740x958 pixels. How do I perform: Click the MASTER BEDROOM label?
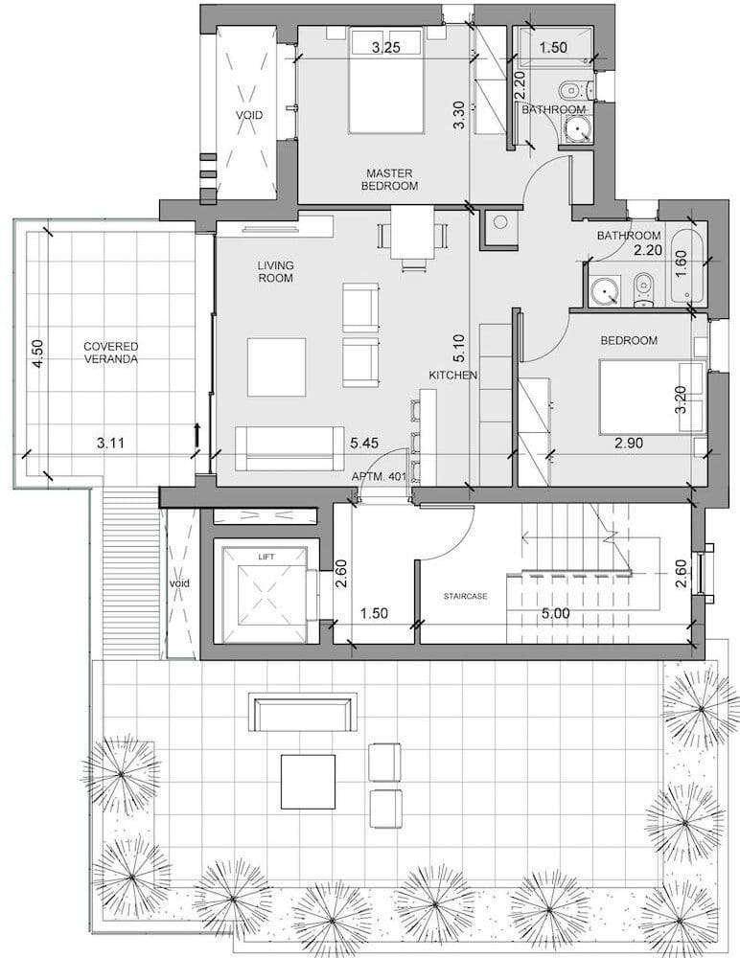tap(389, 180)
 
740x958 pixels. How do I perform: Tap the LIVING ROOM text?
tap(275, 272)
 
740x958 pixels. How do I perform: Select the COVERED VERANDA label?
tap(110, 353)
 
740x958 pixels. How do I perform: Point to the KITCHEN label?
tap(452, 376)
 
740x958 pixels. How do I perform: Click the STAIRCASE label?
tap(466, 596)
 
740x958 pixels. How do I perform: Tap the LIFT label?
tap(266, 557)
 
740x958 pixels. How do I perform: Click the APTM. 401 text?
tap(380, 477)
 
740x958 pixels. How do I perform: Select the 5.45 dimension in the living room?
tap(364, 444)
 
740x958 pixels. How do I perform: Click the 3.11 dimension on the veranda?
tap(110, 443)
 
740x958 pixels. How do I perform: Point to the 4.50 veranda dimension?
tap(38, 354)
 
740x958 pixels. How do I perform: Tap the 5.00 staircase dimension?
tap(555, 613)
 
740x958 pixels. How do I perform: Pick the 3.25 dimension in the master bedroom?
tap(386, 47)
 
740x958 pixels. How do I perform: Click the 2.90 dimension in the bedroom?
tap(629, 443)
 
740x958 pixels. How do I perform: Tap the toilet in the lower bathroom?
tap(643, 288)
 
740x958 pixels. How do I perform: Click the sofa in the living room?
tap(289, 449)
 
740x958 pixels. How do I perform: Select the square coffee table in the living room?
tap(276, 367)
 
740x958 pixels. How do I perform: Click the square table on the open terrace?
tap(309, 782)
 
